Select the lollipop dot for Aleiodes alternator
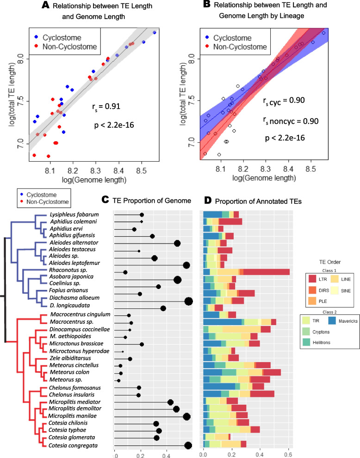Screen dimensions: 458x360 coord(177,243)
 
